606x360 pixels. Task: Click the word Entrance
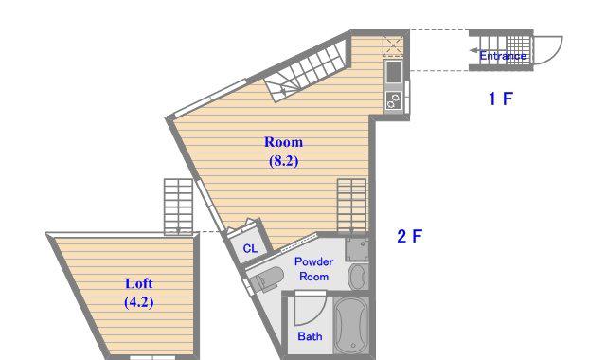[x=503, y=56]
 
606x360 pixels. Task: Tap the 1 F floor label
[x=501, y=99]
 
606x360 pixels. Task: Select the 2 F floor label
[x=410, y=236]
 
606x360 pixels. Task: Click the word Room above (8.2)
[x=283, y=142]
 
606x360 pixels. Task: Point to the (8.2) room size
[x=283, y=160]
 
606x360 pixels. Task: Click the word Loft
[x=139, y=283]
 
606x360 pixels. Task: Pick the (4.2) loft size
[x=139, y=301]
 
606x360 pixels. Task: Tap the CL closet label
[x=250, y=248]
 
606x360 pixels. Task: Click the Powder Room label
[x=313, y=269]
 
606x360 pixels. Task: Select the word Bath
[x=310, y=336]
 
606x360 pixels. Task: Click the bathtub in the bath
[x=351, y=325]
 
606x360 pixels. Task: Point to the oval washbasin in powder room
[x=357, y=277]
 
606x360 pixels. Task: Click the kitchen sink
[x=394, y=72]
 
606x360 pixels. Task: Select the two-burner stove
[x=394, y=100]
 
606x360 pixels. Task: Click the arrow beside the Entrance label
[x=474, y=50]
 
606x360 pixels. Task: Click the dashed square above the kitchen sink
[x=393, y=46]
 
